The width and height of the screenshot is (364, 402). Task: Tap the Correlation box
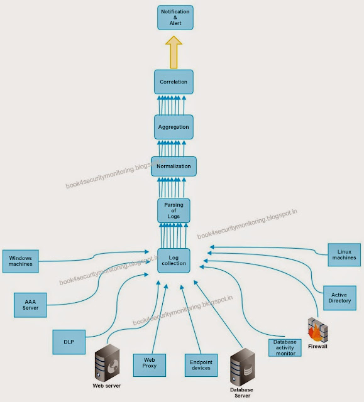click(174, 82)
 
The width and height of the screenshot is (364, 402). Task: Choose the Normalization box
click(174, 166)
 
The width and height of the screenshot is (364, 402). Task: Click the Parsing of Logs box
click(173, 210)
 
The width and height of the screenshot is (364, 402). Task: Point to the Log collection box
click(174, 259)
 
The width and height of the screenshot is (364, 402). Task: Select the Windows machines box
click(21, 260)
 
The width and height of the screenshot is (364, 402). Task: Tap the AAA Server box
click(31, 304)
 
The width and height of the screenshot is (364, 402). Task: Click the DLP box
click(68, 342)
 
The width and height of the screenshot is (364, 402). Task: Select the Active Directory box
click(339, 297)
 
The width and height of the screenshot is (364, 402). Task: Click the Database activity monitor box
click(285, 347)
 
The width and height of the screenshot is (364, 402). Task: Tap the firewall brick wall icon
click(317, 330)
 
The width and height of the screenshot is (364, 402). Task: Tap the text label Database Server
click(242, 394)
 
